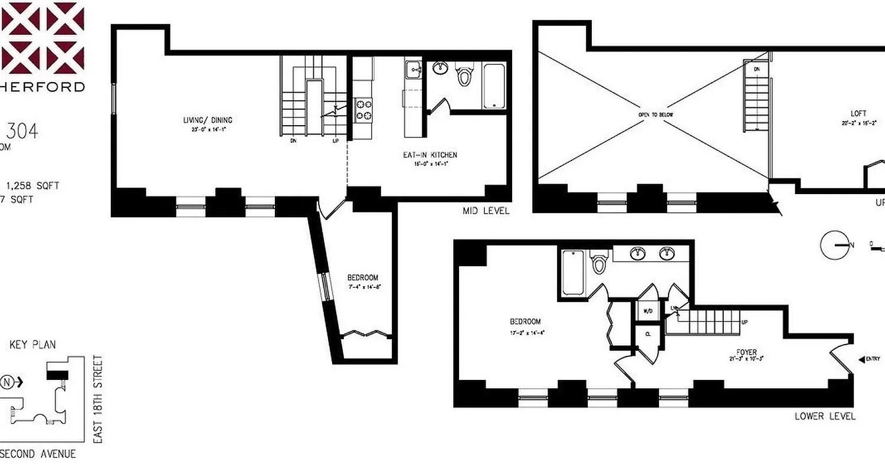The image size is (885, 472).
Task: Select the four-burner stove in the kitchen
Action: (363, 110)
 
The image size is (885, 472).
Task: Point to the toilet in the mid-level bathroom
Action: (465, 75)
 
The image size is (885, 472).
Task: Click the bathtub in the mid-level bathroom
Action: (494, 86)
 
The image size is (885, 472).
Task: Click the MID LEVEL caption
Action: (487, 211)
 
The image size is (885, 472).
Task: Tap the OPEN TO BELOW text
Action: (655, 115)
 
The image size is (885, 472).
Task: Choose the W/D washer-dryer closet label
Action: (647, 310)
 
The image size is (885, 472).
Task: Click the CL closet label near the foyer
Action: (648, 334)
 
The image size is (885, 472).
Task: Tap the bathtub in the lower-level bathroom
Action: (572, 272)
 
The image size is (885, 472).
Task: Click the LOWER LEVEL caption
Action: (824, 417)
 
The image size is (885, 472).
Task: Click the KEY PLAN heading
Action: (32, 345)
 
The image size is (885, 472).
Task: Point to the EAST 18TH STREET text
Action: (98, 399)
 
